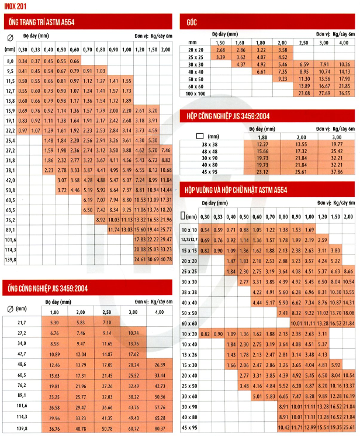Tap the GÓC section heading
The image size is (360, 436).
tap(191, 23)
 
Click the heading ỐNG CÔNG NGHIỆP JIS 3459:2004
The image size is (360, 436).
tap(47, 287)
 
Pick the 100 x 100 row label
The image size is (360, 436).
tap(196, 93)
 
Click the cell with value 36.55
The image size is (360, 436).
tap(344, 93)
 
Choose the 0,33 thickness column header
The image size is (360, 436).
tap(36, 50)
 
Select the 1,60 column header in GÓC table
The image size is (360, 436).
tap(241, 43)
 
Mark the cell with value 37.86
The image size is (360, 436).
tap(337, 172)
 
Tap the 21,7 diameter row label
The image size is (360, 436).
tap(23, 322)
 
